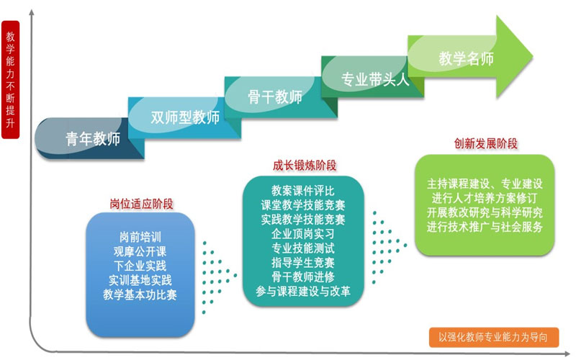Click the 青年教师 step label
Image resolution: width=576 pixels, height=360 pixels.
[93, 139]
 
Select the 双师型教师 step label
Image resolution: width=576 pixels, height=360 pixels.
[185, 117]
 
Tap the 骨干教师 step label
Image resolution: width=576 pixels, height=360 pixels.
[275, 97]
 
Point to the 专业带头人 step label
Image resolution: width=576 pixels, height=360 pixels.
[375, 79]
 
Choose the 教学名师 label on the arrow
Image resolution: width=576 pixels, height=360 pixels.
[466, 59]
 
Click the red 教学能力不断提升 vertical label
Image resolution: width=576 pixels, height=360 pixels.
[10, 79]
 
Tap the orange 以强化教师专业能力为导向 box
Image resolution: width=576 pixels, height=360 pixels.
[494, 337]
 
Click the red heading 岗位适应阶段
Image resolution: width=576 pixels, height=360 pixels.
[141, 204]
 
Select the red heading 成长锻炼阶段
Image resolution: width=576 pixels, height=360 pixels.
[305, 166]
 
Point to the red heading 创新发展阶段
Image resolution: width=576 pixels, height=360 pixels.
[485, 143]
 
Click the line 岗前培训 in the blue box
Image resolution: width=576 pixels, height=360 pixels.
[140, 237]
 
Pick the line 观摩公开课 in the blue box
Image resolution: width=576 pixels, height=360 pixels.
[140, 251]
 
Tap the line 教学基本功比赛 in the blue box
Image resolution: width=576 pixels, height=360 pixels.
[140, 294]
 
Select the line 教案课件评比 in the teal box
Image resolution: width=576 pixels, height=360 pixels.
[303, 191]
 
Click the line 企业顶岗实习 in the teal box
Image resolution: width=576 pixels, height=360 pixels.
[303, 233]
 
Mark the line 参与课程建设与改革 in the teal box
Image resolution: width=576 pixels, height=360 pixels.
[303, 292]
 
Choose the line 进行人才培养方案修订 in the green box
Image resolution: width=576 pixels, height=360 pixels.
[485, 198]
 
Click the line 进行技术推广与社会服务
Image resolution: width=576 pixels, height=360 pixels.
[485, 227]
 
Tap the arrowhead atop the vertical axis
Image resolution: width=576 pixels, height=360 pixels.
[32, 12]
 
